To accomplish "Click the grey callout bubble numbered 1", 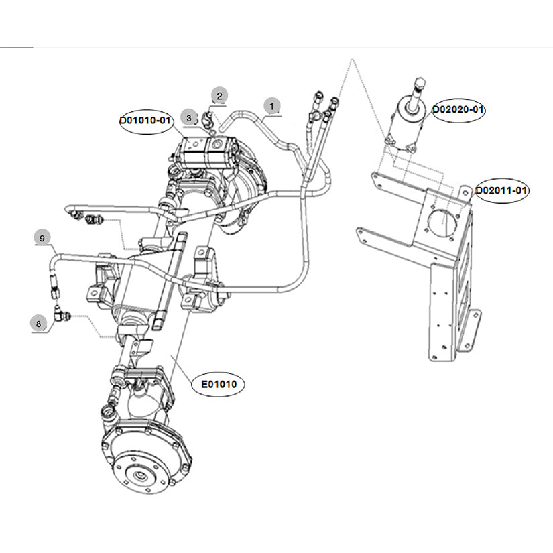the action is click(x=272, y=106).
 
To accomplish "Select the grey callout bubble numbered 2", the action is click(x=219, y=96).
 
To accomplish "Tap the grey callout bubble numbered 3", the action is click(x=188, y=117).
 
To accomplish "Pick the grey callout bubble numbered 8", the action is click(x=38, y=324).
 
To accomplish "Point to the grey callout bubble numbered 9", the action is click(x=42, y=238).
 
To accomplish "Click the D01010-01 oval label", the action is click(x=146, y=121).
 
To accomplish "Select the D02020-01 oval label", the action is click(x=458, y=110).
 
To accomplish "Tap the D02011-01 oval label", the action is click(x=501, y=191).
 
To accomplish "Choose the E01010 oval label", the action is click(x=219, y=384).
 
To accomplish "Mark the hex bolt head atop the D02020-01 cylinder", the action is click(x=419, y=84).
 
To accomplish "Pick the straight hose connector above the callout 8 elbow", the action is click(x=55, y=286).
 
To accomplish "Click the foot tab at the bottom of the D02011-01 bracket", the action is click(x=471, y=330).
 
